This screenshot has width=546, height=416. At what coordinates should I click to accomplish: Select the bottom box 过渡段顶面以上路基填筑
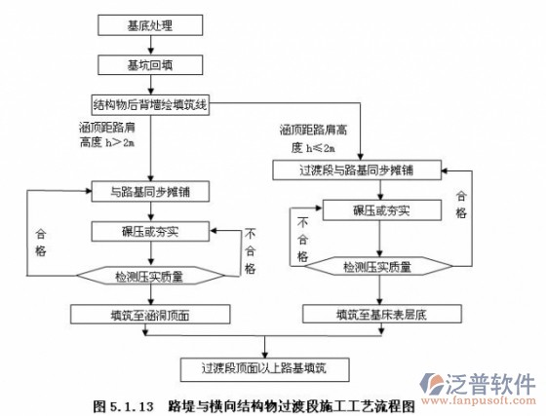[263, 368]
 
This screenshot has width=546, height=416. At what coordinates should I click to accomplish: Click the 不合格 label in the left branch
[250, 250]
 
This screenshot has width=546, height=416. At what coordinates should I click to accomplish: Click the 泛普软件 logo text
[494, 382]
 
